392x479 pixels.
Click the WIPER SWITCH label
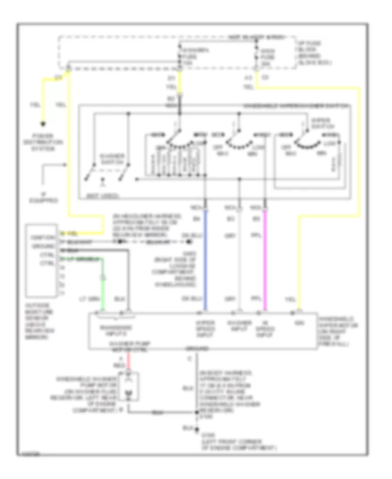pos(322,123)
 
